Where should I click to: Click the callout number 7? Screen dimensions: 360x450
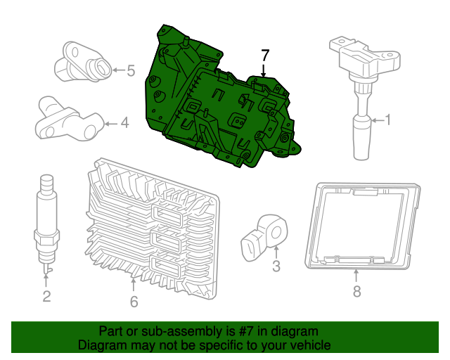[x=265, y=54]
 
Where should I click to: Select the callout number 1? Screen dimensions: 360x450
[x=387, y=121]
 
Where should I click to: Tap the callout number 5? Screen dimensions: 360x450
[x=131, y=70]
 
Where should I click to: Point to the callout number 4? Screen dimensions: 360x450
[x=124, y=124]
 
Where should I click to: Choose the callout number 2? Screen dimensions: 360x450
[x=46, y=296]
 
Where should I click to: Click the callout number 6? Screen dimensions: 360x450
[x=134, y=302]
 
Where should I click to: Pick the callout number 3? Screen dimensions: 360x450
[x=276, y=266]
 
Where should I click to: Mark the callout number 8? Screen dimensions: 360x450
[x=356, y=291]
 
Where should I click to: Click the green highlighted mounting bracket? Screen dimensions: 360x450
[x=211, y=105]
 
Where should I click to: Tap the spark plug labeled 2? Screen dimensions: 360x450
[x=46, y=218]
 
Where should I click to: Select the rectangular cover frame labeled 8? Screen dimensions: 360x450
[x=362, y=225]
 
